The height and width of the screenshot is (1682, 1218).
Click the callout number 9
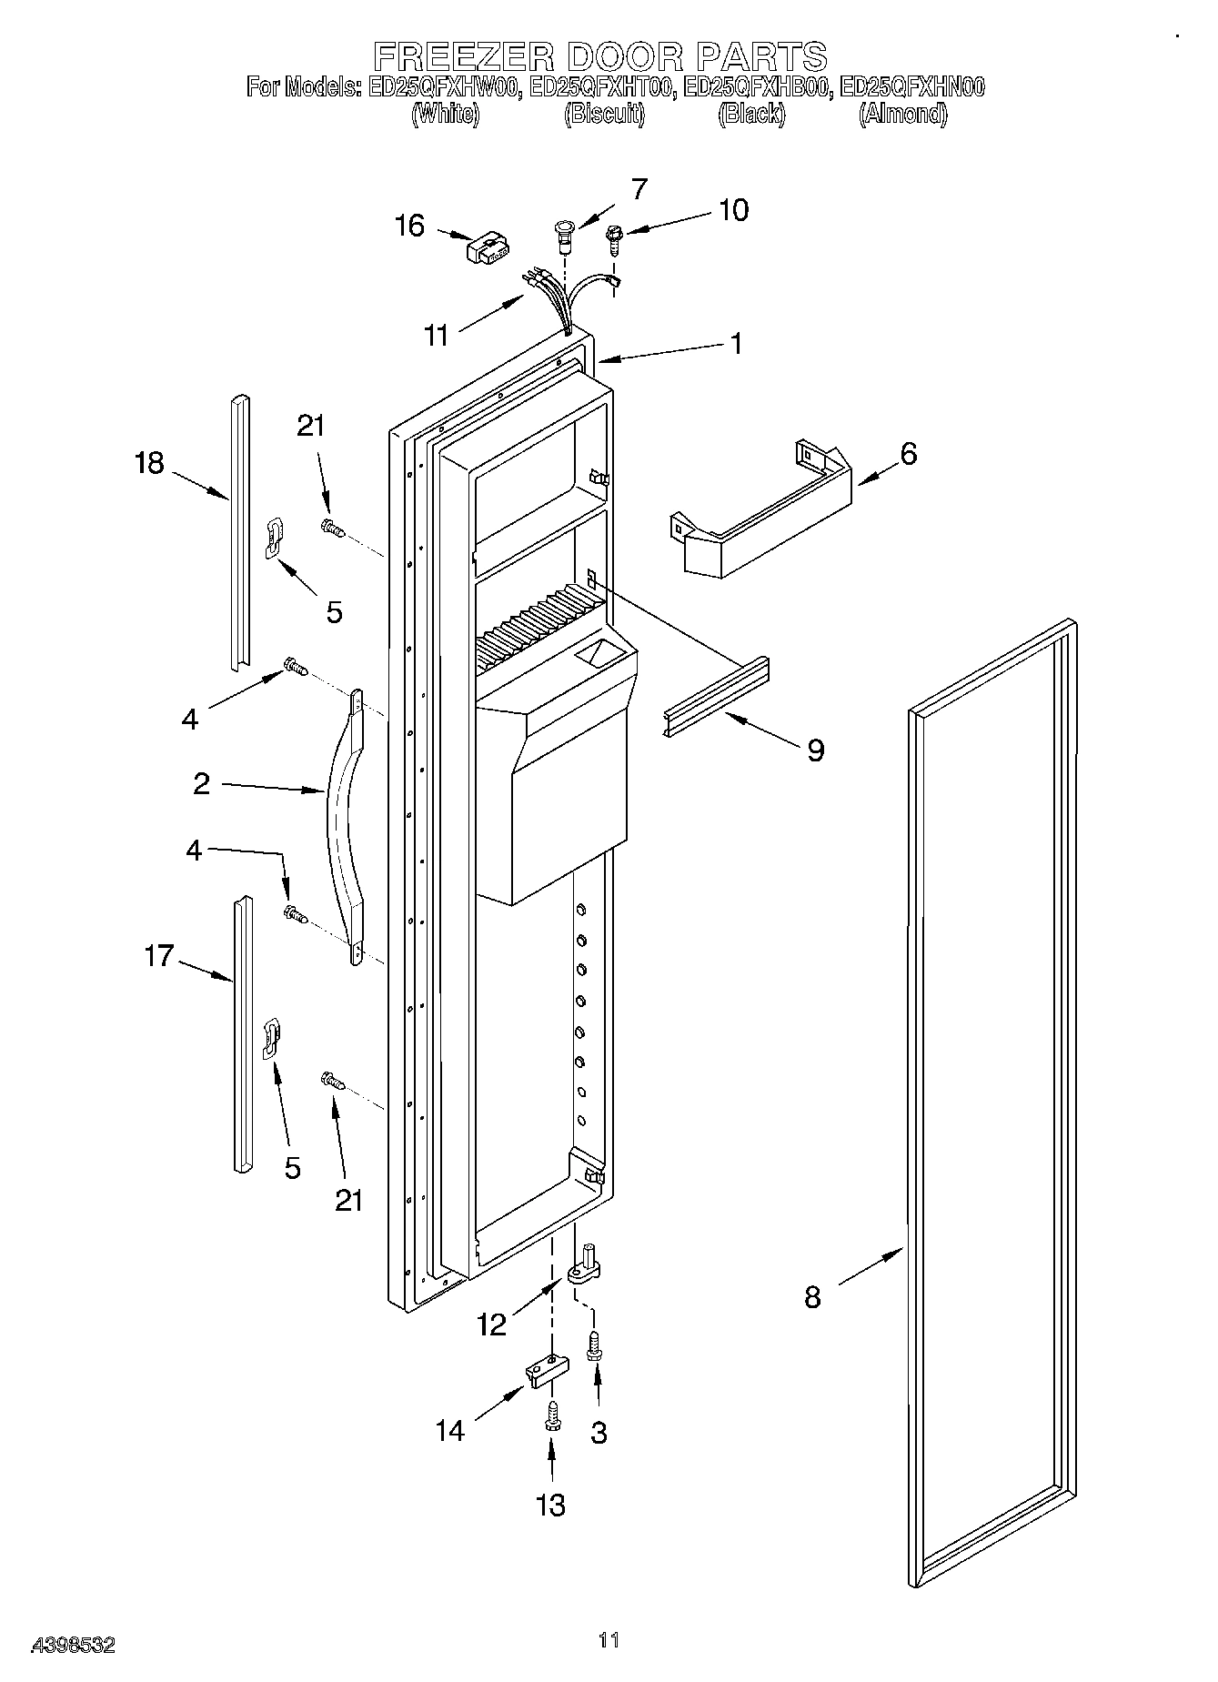point(815,750)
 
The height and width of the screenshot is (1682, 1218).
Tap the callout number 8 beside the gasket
point(812,1296)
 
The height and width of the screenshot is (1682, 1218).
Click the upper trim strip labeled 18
point(238,532)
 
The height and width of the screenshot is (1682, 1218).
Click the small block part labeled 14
point(547,1371)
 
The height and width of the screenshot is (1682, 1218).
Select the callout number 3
point(598,1433)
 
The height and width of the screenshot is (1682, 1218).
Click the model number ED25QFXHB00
point(757,87)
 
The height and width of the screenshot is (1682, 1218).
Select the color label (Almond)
point(902,115)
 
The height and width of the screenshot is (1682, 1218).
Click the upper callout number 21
point(310,426)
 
